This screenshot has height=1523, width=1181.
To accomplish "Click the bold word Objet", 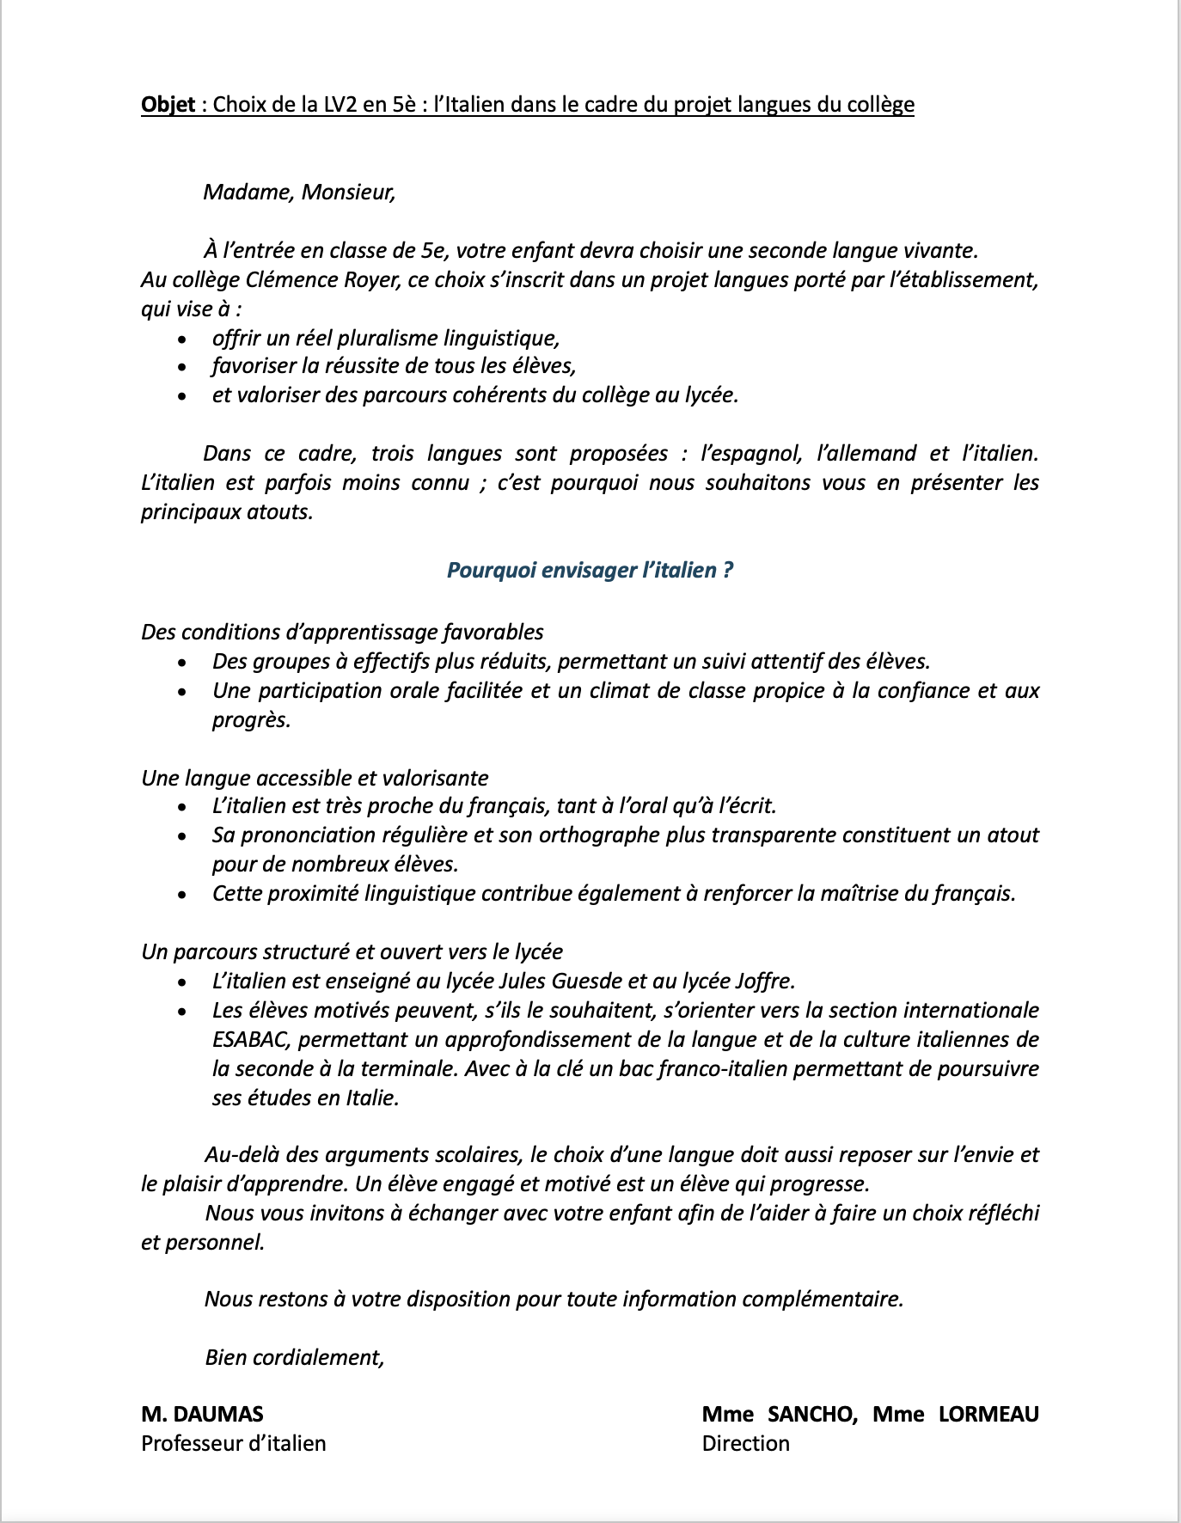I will point(168,105).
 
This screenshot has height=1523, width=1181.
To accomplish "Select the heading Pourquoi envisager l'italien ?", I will point(590,571).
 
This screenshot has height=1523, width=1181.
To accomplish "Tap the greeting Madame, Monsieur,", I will point(299,192).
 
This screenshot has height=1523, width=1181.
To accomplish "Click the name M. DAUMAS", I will point(202,1414).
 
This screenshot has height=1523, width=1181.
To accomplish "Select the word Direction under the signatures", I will point(745,1443).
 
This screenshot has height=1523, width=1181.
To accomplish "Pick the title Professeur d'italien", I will point(234,1443).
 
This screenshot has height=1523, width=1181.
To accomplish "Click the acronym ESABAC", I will point(253,1040).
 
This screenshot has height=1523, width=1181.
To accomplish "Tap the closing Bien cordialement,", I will point(294,1357).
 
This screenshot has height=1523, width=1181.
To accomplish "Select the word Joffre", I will point(765,981).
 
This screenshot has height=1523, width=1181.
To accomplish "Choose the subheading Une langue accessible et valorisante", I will point(315,778).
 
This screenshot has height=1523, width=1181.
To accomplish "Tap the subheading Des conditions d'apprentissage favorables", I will point(342,632).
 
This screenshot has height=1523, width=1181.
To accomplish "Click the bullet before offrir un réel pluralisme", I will point(181,339).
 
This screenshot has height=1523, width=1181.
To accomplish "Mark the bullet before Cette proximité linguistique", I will point(181,894).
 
